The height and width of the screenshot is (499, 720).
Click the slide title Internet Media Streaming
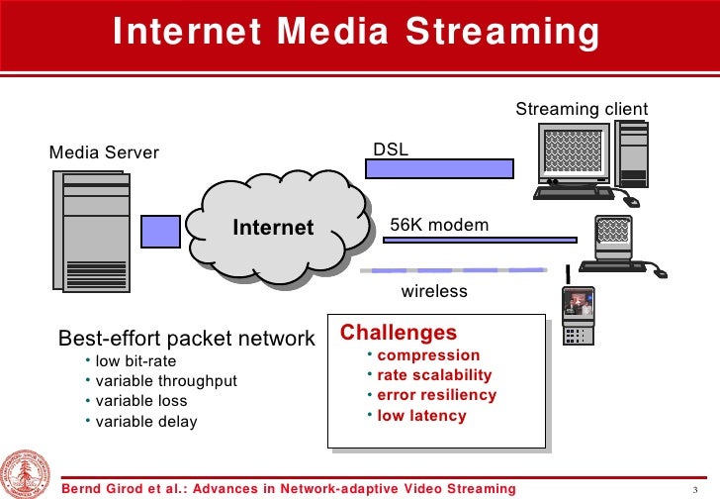pos(356,32)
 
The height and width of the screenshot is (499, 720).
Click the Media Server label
pos(104,152)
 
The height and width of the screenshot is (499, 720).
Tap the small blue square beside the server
pos(160,232)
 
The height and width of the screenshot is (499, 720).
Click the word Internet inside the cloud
pos(273,229)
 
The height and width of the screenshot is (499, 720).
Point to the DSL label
pos(390,150)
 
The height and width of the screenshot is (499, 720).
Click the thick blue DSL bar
pos(439,168)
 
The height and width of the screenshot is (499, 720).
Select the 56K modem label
pos(439,226)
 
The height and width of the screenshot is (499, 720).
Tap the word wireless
pos(433,292)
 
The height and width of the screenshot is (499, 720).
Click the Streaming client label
pos(582,109)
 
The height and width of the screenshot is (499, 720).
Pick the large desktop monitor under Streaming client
pos(572,156)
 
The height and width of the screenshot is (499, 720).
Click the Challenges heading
pos(399,333)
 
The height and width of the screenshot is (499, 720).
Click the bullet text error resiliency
pos(436,395)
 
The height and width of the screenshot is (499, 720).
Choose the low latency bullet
pos(421,416)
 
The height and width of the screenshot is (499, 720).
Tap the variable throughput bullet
pos(166,381)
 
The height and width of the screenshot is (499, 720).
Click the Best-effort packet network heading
pos(187,339)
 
